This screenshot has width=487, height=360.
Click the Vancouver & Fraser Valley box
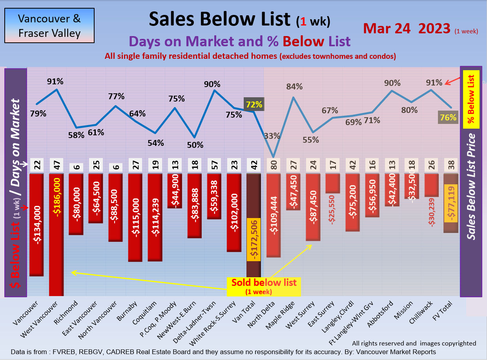[x=49, y=25]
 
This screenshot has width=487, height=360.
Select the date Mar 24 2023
[x=406, y=28]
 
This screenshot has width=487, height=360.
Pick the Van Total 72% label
[x=254, y=105]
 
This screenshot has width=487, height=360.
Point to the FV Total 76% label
[x=448, y=117]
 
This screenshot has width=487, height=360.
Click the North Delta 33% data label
[x=272, y=136]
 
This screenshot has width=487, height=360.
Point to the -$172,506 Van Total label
[x=254, y=239]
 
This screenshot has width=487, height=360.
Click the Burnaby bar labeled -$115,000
[x=135, y=217]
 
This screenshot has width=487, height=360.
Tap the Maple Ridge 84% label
[x=294, y=87]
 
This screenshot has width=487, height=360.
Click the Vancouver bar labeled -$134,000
[x=36, y=225]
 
